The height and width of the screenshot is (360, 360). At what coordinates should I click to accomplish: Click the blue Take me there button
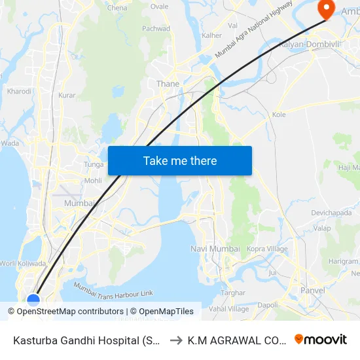[180, 160]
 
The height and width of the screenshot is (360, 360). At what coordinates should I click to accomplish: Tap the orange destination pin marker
[325, 8]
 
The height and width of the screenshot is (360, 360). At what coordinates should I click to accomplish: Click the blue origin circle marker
[33, 299]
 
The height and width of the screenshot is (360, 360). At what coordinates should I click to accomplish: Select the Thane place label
[168, 84]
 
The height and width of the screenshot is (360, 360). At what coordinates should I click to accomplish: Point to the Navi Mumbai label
[215, 249]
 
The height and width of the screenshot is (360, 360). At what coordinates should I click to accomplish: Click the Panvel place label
[312, 290]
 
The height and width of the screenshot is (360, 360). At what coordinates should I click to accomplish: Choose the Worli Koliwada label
[23, 263]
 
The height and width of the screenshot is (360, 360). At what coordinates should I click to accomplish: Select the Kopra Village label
[268, 249]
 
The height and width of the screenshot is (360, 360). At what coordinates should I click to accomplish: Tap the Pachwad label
[156, 29]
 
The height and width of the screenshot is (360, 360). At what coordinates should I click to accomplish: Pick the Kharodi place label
[19, 92]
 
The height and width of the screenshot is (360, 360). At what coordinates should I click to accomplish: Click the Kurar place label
[67, 96]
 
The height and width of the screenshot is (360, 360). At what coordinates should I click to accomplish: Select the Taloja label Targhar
[232, 293]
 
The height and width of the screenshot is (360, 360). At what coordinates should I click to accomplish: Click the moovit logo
[320, 340]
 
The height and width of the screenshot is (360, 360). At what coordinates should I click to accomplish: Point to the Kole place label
[279, 115]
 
